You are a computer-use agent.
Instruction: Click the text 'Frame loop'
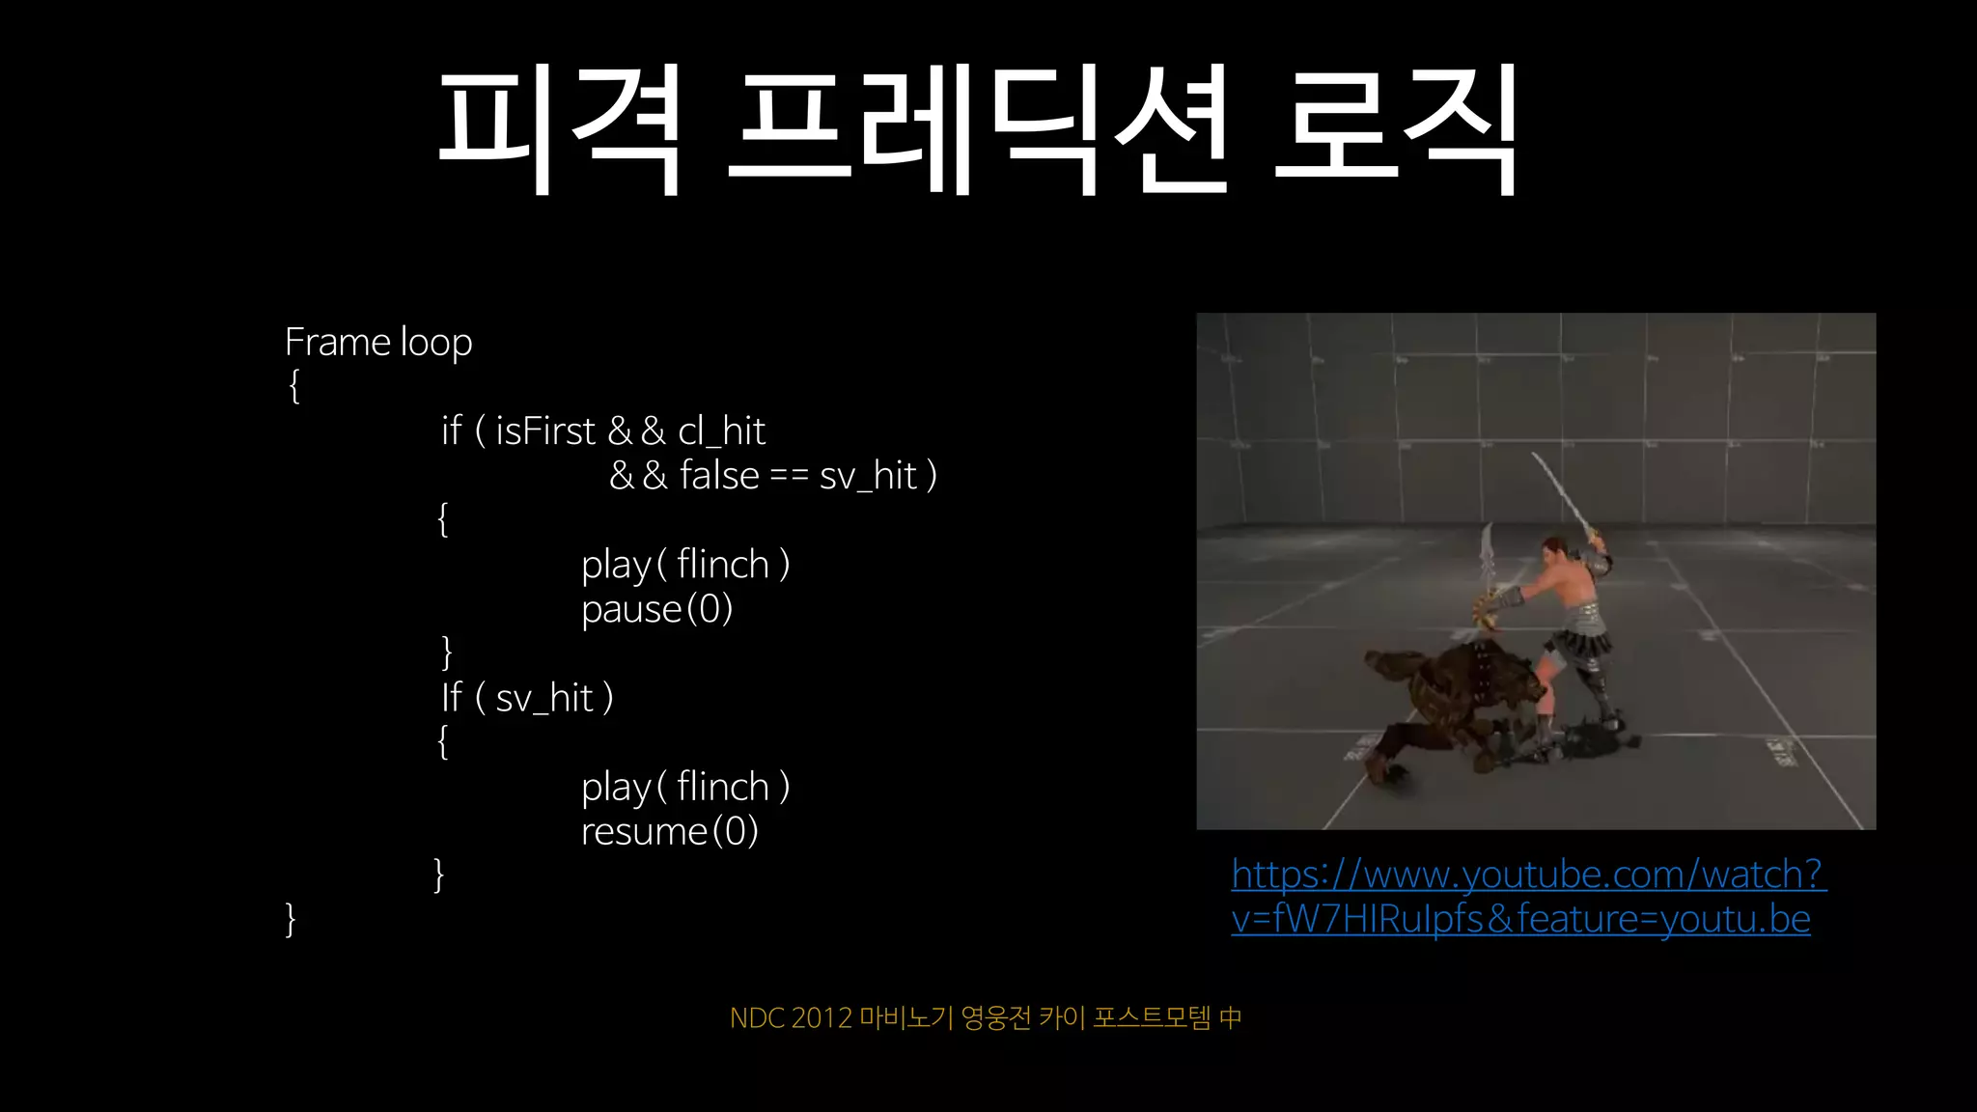[x=378, y=343]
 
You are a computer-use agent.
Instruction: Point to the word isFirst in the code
[x=545, y=431]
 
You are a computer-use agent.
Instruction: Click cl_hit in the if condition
[x=721, y=431]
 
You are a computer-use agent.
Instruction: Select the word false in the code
[x=719, y=476]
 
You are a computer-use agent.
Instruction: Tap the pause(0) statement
[x=656, y=609]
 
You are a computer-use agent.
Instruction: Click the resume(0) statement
[x=669, y=831]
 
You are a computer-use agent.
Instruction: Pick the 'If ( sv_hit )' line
[x=527, y=698]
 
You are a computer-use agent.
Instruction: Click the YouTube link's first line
[x=1528, y=875]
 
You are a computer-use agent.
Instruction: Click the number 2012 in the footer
[x=821, y=1018]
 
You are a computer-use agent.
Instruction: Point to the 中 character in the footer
[x=1230, y=1018]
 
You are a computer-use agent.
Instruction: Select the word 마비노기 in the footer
[x=905, y=1018]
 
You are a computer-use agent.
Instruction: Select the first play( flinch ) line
[x=685, y=565]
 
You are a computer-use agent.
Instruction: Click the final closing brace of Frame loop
[x=291, y=919]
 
